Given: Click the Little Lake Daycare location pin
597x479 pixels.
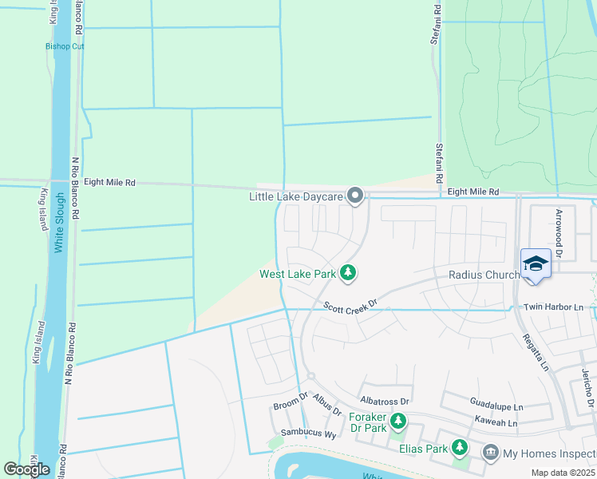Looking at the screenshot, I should (356, 195).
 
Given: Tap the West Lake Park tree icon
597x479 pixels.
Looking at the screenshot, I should (347, 273).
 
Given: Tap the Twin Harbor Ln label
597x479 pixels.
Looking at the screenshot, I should (553, 307).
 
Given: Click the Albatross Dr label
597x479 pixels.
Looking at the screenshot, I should (385, 401).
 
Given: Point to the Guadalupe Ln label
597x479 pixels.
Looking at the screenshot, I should (496, 406).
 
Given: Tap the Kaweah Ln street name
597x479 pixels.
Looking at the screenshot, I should (495, 423).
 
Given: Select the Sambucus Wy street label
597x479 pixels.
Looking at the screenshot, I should (307, 434).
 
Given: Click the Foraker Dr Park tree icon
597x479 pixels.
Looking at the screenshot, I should (397, 421).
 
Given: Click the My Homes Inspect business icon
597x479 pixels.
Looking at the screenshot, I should (491, 453).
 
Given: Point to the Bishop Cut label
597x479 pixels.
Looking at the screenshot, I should (65, 46).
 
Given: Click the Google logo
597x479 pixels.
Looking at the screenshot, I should (27, 469).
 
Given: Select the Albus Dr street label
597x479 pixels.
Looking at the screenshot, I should (326, 405).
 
